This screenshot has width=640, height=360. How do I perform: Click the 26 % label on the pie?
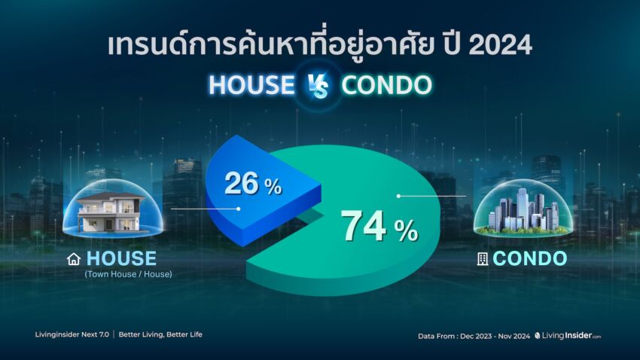click(x=253, y=184)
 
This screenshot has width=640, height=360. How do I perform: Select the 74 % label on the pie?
click(x=379, y=227)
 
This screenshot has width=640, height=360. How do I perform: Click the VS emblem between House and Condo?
click(x=318, y=86)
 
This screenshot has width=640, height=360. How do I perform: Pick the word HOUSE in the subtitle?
click(x=251, y=85)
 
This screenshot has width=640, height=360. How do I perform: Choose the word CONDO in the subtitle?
click(x=386, y=85)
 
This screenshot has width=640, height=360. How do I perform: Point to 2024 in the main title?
click(x=501, y=44)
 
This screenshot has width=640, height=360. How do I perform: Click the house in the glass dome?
click(x=111, y=212)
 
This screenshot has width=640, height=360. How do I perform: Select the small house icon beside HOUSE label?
click(x=74, y=259)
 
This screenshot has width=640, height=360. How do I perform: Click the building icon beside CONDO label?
click(x=483, y=259)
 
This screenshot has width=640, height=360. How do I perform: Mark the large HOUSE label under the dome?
click(x=122, y=258)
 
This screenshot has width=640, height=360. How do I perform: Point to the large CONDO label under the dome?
click(x=530, y=258)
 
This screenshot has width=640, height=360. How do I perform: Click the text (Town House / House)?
click(x=128, y=274)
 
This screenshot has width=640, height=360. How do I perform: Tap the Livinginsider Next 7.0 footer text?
click(x=72, y=334)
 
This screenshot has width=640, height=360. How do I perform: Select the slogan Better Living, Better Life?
click(x=160, y=334)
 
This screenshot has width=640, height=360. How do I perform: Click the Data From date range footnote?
click(x=474, y=337)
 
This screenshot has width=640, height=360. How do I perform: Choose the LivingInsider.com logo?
click(x=568, y=335)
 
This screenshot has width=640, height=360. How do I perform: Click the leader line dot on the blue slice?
click(x=239, y=209)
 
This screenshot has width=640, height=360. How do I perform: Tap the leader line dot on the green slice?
click(x=398, y=196)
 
